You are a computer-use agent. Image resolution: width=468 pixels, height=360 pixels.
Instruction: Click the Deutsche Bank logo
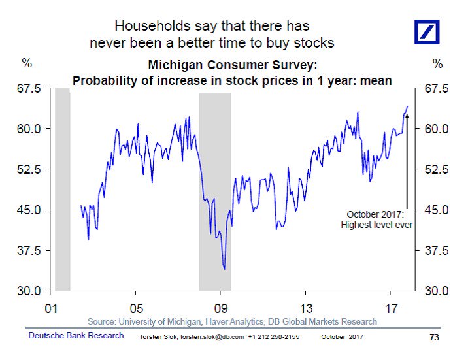(x=427, y=32)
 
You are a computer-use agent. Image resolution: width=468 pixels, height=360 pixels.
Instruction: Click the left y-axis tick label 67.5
(x=29, y=89)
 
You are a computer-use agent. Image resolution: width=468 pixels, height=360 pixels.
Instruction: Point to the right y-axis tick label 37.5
(x=437, y=250)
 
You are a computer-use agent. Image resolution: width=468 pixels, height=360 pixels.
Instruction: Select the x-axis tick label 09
(x=221, y=308)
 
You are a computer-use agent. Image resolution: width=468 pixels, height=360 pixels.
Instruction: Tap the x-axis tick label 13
(x=306, y=308)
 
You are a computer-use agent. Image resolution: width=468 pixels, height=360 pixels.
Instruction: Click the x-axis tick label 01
(x=51, y=308)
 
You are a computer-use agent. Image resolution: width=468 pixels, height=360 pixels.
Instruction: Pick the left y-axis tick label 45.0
(x=29, y=210)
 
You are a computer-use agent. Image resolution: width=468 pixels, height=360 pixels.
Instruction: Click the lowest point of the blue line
(x=224, y=269)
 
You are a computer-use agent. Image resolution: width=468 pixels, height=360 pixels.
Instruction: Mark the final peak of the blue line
(x=407, y=106)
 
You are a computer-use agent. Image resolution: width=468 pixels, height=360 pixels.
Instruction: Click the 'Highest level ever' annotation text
(x=376, y=225)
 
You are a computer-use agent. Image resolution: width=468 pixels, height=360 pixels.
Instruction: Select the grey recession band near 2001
(x=63, y=189)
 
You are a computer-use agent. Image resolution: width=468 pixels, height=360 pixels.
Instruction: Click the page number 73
(x=434, y=337)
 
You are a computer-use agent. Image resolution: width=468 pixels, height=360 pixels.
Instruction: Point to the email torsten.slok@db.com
(x=212, y=337)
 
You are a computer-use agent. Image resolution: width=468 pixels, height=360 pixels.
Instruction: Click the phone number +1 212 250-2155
(x=274, y=337)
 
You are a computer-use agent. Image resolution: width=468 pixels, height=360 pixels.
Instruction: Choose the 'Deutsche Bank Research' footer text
(x=76, y=336)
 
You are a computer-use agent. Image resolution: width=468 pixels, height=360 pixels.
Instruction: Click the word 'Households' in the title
(x=152, y=26)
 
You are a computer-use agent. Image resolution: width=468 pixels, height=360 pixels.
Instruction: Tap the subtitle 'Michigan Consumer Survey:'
(x=233, y=65)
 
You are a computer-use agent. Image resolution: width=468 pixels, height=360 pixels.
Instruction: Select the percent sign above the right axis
(x=437, y=63)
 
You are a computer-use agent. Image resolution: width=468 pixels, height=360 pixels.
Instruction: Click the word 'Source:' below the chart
(x=101, y=322)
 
